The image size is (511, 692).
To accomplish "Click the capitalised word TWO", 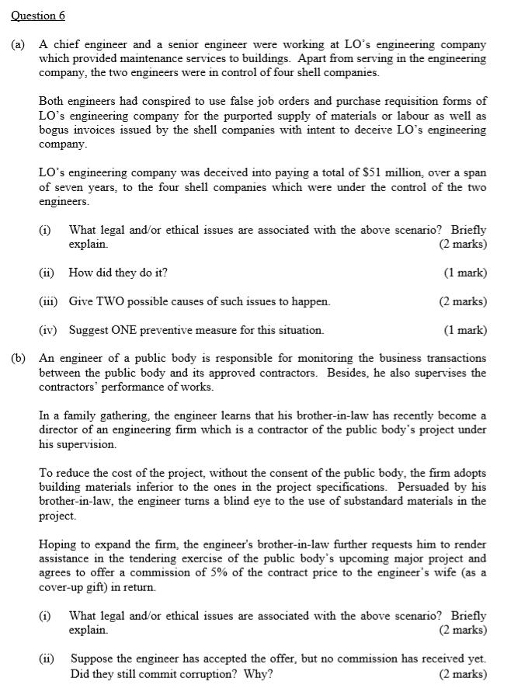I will click(x=109, y=301).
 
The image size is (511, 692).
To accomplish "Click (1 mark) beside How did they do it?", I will click(x=464, y=273).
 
